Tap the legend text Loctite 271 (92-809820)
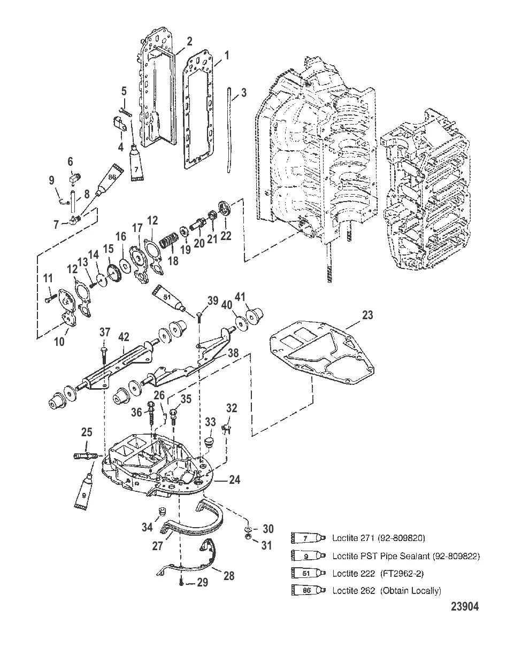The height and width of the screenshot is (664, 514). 378,538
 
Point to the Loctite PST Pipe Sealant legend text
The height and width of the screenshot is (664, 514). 406,556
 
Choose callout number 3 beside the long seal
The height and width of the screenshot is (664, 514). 243,92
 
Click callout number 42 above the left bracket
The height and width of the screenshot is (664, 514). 124,337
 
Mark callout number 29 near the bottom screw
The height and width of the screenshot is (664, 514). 202,582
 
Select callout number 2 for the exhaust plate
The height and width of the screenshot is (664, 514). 189,41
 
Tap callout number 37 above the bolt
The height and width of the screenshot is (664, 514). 104,333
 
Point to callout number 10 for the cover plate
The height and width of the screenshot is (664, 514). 59,341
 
